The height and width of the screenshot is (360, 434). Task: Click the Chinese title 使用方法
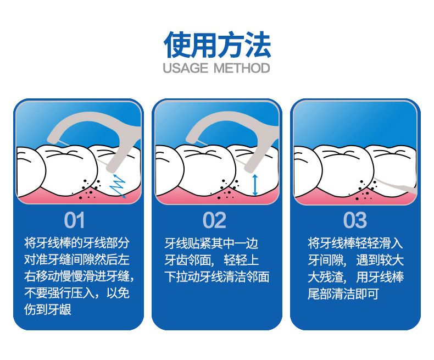coord(218,45)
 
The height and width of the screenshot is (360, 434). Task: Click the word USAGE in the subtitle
coord(186,68)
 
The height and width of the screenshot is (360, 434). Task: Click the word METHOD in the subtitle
coord(242,68)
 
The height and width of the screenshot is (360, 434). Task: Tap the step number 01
coord(74,220)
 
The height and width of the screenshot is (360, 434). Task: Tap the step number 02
coord(214,220)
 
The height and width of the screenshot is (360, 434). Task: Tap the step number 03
coord(355,220)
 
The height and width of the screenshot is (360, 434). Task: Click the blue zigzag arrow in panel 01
coord(118,186)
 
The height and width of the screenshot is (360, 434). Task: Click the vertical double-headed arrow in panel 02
coord(255,185)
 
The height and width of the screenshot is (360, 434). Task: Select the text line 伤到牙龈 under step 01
coord(48,309)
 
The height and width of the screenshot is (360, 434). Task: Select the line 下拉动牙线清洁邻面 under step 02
coord(216,276)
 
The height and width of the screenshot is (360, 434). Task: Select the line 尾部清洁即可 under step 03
coord(343,293)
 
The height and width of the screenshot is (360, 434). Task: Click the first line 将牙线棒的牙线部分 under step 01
coord(77,243)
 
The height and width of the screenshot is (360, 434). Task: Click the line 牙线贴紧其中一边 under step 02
coord(211,243)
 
